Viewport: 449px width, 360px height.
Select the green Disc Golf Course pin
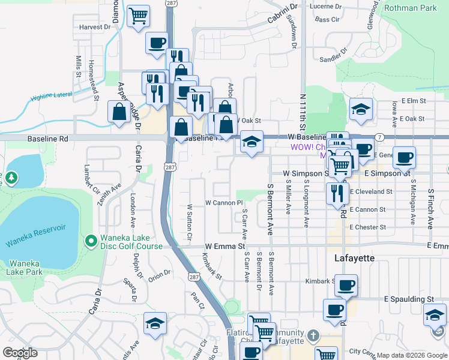pyautogui.click(x=91, y=241)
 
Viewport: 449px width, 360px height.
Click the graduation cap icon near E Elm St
pyautogui.click(x=361, y=109)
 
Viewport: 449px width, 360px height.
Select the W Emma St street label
pyautogui.click(x=225, y=246)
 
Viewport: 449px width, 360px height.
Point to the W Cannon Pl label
pyautogui.click(x=223, y=203)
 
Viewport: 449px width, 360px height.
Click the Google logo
pyautogui.click(x=20, y=353)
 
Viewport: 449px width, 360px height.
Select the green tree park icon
pyautogui.click(x=11, y=178)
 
